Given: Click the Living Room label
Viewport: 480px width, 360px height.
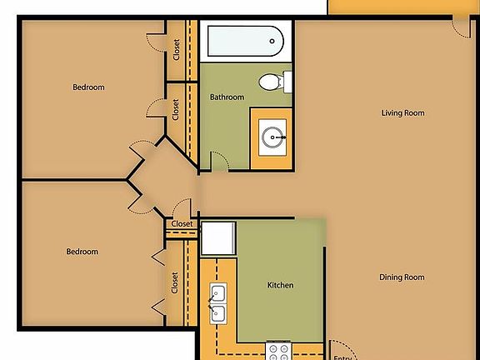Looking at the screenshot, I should [x=402, y=113].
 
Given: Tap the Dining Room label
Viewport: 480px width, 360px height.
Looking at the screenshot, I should [x=402, y=277].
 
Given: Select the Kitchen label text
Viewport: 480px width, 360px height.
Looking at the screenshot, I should [x=280, y=286].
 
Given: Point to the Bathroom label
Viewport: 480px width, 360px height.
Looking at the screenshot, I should [x=227, y=97].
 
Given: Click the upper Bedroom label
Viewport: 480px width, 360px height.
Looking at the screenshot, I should [x=88, y=87].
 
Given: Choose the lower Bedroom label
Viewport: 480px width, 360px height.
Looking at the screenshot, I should [x=82, y=252].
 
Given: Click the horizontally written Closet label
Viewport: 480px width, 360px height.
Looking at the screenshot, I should [x=182, y=224].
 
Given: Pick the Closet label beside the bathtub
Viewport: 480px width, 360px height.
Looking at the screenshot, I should [x=177, y=50].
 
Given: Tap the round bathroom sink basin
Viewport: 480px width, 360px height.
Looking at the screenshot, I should [x=272, y=136].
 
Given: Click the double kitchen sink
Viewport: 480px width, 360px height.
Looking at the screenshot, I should [x=218, y=303].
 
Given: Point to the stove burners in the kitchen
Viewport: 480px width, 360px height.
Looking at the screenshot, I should [x=277, y=351].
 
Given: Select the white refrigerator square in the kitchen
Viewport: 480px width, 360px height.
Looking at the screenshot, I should [x=219, y=238].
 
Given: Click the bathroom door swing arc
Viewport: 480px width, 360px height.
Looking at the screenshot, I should [x=218, y=161].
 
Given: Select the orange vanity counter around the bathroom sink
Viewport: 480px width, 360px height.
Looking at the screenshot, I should [x=257, y=158].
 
